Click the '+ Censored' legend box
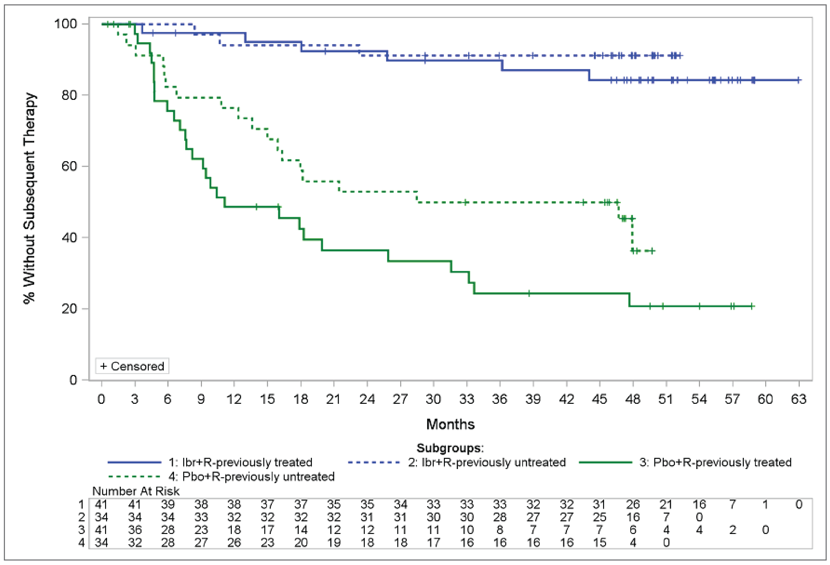132,366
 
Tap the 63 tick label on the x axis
798,399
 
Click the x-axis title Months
450,424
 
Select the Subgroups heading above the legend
450,448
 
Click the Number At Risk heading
136,491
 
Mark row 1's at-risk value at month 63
798,504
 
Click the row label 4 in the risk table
82,542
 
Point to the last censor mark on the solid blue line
798,80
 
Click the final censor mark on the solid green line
752,306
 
